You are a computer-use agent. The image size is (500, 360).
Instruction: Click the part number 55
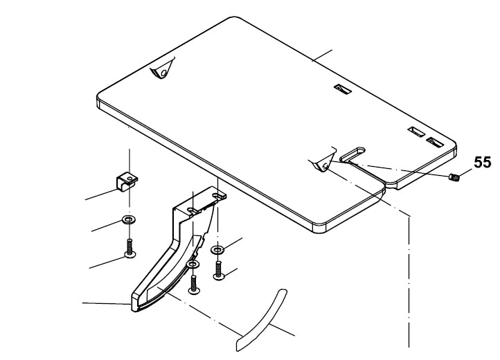click(482, 163)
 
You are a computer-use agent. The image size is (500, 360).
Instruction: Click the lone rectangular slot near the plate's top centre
click(339, 89)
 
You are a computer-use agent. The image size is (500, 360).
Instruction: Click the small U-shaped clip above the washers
click(125, 181)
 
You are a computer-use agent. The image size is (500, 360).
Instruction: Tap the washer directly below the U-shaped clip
click(128, 220)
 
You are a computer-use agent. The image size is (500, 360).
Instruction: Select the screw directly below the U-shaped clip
click(129, 248)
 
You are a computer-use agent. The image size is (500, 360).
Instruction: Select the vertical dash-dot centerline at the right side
click(411, 277)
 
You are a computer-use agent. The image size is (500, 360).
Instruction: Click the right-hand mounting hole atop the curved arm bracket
click(220, 197)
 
